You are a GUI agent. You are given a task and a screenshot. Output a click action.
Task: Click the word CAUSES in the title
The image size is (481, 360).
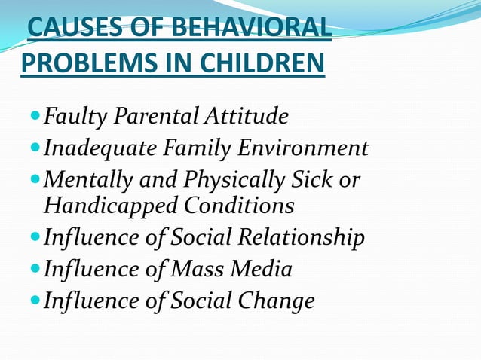[67, 31]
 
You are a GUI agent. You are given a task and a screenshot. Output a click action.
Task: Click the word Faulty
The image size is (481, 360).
[75, 117]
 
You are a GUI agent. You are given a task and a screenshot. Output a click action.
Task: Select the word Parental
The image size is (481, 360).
[149, 117]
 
